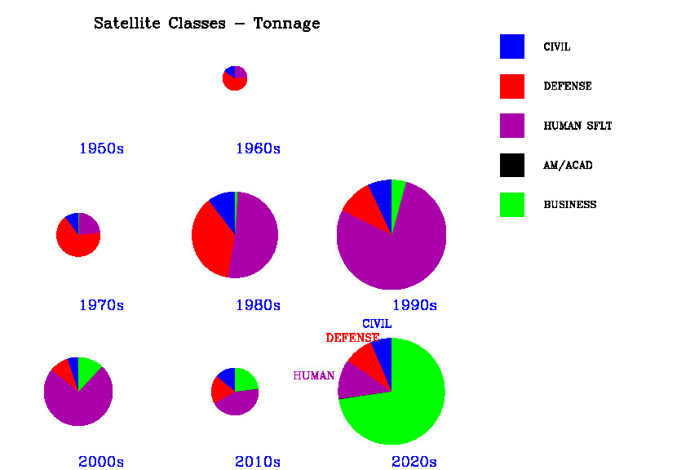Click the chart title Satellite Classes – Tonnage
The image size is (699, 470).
pos(206,24)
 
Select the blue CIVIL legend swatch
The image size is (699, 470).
pos(511,47)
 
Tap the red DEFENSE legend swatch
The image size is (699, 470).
pos(511,86)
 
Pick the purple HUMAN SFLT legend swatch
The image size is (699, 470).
pos(511,126)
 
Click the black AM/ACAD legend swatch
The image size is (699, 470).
pos(511,165)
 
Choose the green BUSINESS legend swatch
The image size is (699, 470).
pos(511,204)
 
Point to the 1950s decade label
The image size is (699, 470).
pos(101,149)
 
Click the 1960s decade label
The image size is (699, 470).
pos(258,149)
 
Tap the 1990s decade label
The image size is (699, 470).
pos(414,306)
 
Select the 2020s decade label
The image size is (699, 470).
pos(414,462)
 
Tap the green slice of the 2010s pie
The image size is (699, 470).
pos(244,380)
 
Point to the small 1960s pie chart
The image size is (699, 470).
pos(235,78)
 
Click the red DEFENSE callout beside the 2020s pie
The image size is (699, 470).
pos(352,338)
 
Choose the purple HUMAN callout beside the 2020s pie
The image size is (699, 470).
pos(314,376)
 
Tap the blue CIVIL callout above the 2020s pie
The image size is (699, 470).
pos(377,324)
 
